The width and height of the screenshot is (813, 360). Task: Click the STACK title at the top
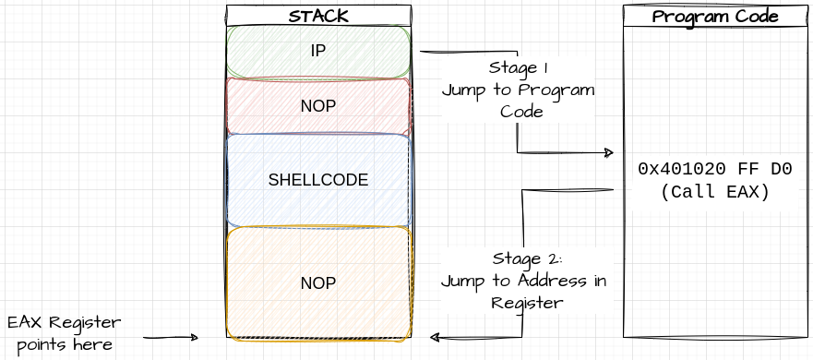[318, 16]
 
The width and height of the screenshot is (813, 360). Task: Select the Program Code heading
[715, 17]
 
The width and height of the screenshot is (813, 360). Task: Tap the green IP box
[318, 52]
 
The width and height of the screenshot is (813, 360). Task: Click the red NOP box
[318, 106]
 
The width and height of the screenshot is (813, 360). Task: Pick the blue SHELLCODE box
[318, 180]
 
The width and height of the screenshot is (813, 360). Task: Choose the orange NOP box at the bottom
[318, 282]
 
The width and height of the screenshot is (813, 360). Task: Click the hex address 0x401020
[679, 170]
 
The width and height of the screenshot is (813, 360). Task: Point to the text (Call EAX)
[715, 192]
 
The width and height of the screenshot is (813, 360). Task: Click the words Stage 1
[518, 68]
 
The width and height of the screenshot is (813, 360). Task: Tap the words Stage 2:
[521, 258]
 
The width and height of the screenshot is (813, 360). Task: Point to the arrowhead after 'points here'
[193, 338]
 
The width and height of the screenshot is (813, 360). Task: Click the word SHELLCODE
[318, 180]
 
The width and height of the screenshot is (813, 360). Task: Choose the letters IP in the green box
[318, 52]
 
